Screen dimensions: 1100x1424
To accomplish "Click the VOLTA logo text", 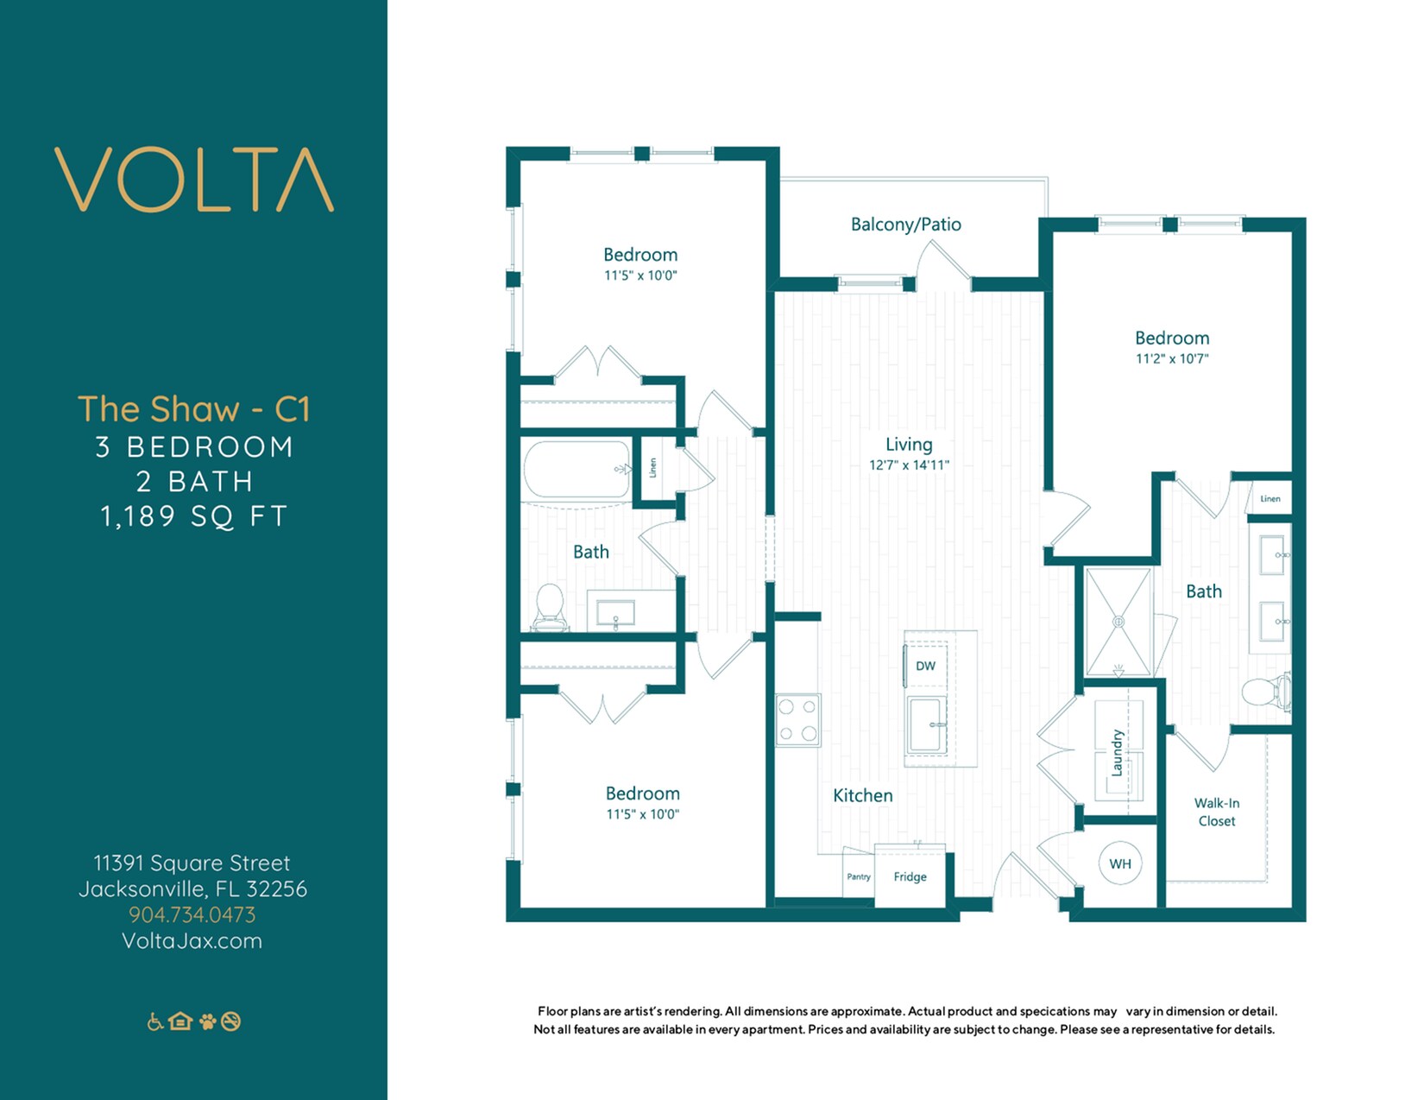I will coord(194,180).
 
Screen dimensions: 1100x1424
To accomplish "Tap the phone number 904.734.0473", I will coord(192,914).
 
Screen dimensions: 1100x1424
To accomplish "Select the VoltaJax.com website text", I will coord(192,940).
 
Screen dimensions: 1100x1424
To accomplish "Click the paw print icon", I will coord(207,1021).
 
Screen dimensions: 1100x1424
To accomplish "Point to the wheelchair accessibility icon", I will coord(155,1021).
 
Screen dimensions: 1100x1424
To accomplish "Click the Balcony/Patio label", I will coord(905,224).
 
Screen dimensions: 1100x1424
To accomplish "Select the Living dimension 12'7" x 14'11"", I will coord(909,465).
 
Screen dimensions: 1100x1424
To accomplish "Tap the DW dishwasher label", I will coord(925,666).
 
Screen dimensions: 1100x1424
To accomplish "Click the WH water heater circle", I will coord(1119,863).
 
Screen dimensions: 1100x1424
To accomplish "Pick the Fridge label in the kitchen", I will coord(910,876).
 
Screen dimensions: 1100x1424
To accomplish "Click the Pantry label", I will coord(858,876).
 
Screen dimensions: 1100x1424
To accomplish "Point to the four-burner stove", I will coord(797,720).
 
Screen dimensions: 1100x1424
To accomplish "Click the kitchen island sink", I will coord(927,725).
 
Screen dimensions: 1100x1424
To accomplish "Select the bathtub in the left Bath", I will coord(577,470).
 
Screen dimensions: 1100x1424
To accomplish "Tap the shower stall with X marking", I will coord(1118,622).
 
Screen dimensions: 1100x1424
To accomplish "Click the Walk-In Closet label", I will coord(1216,812).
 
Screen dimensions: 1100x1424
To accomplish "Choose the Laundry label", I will coord(1117,753).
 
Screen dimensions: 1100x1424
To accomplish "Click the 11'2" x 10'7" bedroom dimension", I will coord(1171,358).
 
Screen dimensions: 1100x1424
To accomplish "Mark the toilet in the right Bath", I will coord(1265,692).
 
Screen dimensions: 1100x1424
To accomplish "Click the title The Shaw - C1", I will coord(193,409).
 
